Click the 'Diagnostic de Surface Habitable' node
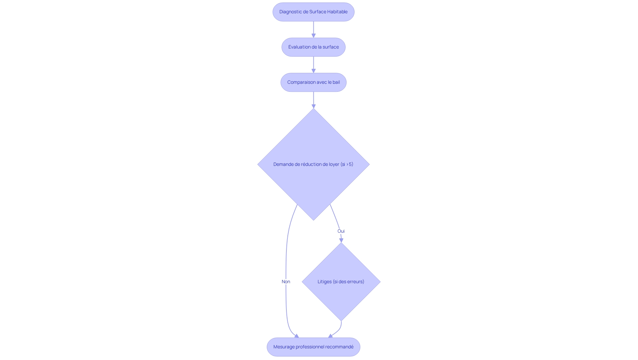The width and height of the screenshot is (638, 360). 313,12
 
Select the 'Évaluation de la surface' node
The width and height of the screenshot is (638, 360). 313,47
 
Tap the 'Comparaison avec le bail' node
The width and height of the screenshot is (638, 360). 313,82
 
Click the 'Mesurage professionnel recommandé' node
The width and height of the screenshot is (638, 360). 313,347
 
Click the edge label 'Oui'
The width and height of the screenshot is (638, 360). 341,231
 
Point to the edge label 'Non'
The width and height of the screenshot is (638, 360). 286,282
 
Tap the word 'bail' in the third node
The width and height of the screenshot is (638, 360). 336,82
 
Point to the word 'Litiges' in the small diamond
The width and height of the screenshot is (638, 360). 324,282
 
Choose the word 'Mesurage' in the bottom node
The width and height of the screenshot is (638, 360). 284,347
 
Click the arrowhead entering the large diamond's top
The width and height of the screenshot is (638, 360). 313,106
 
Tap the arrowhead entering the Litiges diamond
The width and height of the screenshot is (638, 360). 341,240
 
